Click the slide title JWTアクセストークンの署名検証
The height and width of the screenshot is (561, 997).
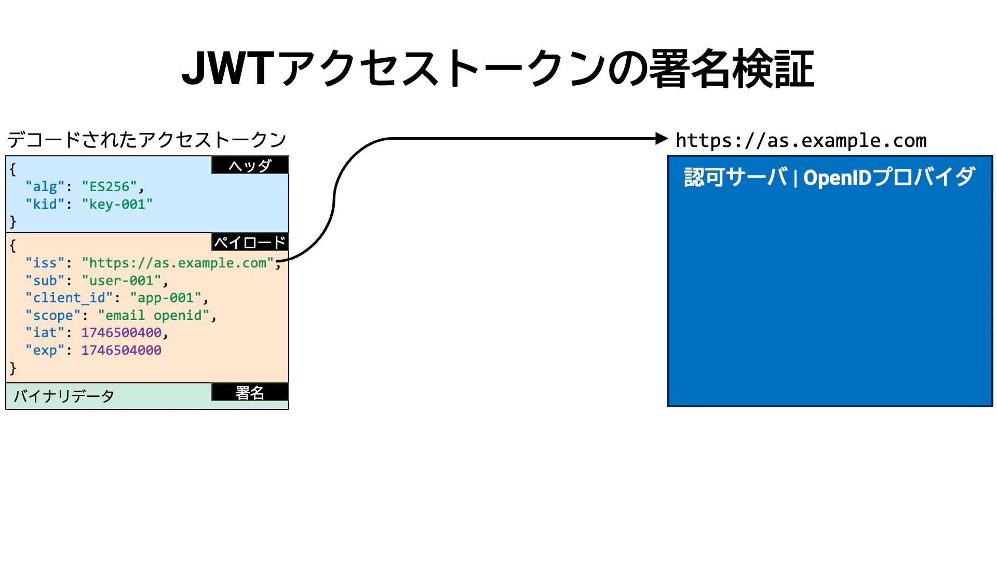point(497,69)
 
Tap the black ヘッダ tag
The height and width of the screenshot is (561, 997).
point(250,165)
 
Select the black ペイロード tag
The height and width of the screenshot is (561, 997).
point(250,242)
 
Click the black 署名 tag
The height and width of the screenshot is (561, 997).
point(250,392)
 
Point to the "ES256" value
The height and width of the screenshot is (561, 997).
point(109,186)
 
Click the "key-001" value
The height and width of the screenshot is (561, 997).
point(117,204)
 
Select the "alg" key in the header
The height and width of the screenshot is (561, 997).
point(45,186)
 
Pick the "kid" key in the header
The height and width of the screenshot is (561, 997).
point(45,204)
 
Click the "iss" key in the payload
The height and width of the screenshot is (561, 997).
point(45,263)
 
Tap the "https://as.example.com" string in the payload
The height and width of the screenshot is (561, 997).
point(178,263)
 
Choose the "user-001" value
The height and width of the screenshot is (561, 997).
point(122,280)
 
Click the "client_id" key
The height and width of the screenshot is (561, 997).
point(69,298)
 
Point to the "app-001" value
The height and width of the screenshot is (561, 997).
point(166,298)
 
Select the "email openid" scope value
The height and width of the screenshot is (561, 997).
point(153,315)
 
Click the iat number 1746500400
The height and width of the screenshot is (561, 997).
point(122,332)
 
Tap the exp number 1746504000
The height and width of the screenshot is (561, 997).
point(122,350)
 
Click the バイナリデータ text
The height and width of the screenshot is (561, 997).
point(64,396)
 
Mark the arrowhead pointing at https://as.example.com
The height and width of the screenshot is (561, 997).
point(661,139)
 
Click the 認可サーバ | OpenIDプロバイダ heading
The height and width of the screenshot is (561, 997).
point(829,178)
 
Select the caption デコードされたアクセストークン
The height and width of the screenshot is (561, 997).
point(146,140)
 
